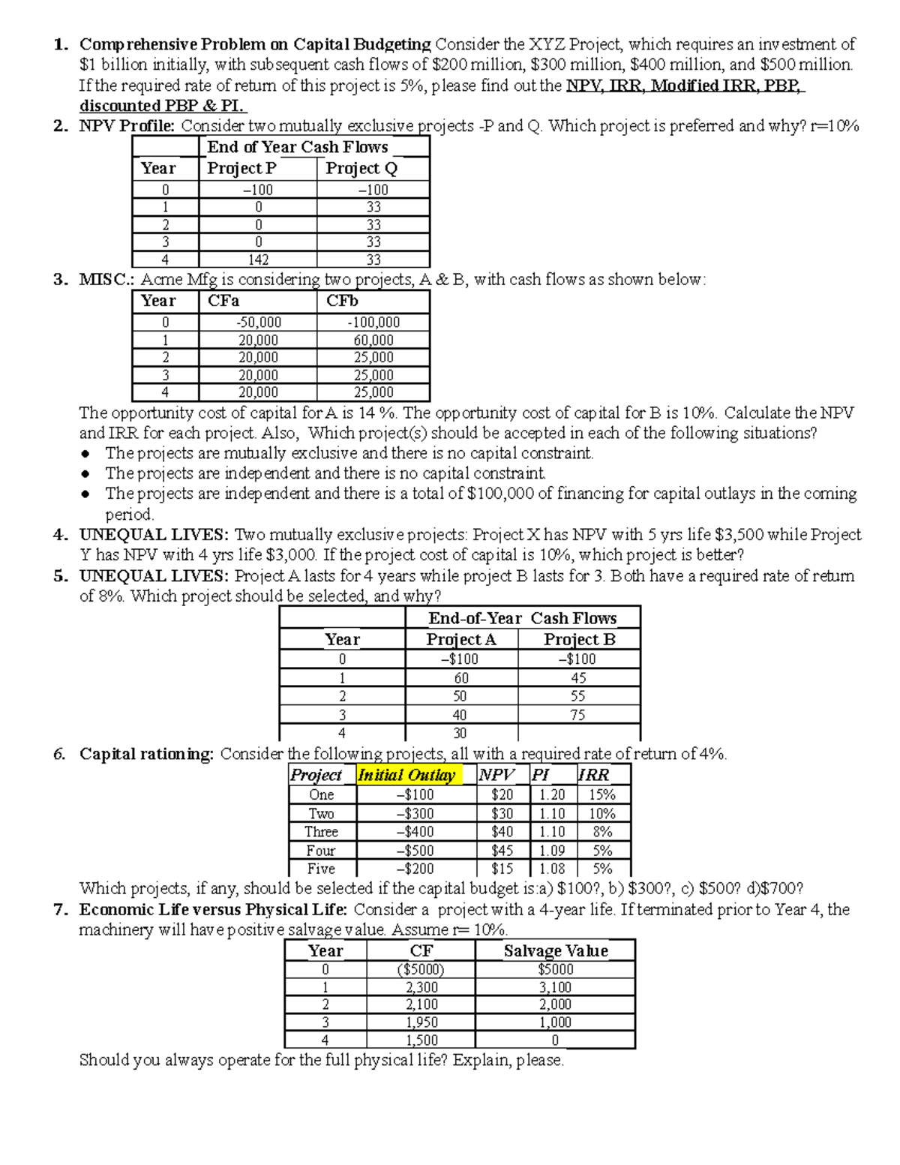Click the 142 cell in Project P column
pos(258,260)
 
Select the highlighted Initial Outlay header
pos(407,775)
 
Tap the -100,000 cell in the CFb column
pos(373,323)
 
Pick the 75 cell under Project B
pos(577,715)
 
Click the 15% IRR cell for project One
pos(601,794)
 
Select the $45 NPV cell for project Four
pos(502,851)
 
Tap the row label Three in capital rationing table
pos(321,832)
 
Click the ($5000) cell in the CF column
pos(421,969)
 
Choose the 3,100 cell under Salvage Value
pos(555,987)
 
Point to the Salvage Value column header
pos(555,950)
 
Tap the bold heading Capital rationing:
pos(146,754)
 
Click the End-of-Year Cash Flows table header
pos(522,618)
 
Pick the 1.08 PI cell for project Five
pos(553,869)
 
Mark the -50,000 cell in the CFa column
pos(258,323)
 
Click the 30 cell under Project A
pos(460,733)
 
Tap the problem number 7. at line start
pos(61,910)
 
